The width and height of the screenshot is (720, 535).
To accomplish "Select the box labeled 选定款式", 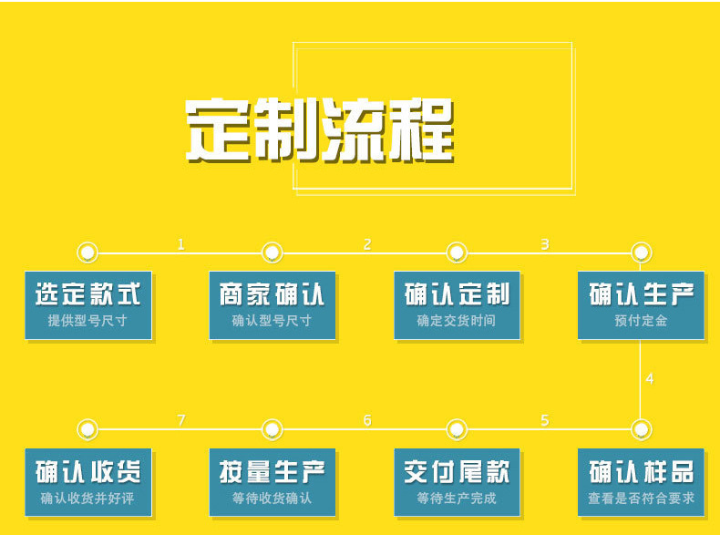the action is (87, 305).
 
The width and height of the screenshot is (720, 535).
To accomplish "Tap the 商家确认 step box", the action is (272, 305).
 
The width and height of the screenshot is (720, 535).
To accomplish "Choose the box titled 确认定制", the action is (457, 305).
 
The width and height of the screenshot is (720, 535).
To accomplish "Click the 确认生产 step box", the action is (642, 305).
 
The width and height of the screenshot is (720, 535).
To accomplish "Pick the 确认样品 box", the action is (642, 482).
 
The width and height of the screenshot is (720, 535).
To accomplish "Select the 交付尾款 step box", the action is (457, 482).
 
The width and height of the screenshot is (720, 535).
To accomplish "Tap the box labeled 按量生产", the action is (272, 482).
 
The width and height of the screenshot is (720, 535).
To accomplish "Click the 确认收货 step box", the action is (87, 482).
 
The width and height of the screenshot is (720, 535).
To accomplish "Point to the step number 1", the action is (180, 244).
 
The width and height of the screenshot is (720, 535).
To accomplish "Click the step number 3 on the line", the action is (545, 244).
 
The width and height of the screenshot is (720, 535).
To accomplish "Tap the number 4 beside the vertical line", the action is (649, 378).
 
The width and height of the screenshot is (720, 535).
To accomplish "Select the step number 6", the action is (367, 420).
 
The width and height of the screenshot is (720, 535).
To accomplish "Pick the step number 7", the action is (180, 420).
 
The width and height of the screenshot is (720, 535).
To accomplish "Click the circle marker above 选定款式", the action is (87, 252).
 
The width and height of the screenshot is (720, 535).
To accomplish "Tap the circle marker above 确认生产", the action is (642, 252).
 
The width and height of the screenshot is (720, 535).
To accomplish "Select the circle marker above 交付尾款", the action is (457, 428).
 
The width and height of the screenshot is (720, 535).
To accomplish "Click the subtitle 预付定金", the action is (641, 321).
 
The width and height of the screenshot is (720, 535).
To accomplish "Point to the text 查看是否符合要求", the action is (641, 499).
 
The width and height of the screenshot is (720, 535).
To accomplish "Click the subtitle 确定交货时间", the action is (456, 321).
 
